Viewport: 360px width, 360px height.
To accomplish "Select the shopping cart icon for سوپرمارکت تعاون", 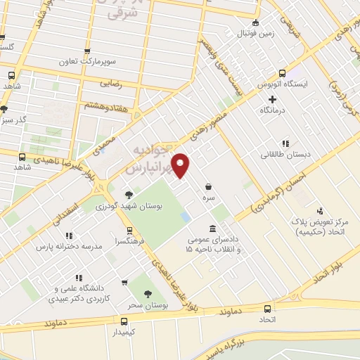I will pyautogui.click(x=86, y=51).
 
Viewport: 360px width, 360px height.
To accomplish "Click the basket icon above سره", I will pyautogui.click(x=209, y=187).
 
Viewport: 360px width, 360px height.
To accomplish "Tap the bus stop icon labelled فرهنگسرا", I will pyautogui.click(x=129, y=230).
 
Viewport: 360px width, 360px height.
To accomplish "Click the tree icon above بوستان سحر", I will pyautogui.click(x=148, y=294).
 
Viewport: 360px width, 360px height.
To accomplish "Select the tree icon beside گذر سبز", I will pyautogui.click(x=4, y=108).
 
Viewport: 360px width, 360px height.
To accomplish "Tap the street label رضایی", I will pyautogui.click(x=114, y=83).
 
